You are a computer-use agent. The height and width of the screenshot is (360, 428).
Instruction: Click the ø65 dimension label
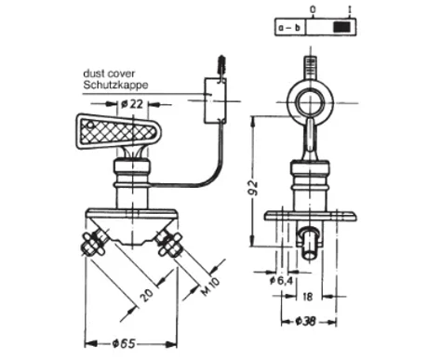pyautogui.click(x=124, y=344)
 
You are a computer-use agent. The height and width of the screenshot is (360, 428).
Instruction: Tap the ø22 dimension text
pyautogui.click(x=132, y=104)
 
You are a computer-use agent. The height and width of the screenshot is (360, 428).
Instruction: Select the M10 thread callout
pyautogui.click(x=210, y=287)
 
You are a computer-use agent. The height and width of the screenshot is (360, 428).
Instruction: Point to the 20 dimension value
pyautogui.click(x=146, y=295)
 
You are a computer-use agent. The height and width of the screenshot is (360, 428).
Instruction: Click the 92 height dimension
pyautogui.click(x=253, y=188)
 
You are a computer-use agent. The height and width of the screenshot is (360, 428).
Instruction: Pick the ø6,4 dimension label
pyautogui.click(x=281, y=281)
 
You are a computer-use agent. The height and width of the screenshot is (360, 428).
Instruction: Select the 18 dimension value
pyautogui.click(x=307, y=297)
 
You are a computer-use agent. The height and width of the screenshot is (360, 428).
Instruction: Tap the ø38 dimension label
pyautogui.click(x=306, y=322)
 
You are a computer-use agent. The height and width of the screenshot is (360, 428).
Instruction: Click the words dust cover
pyautogui.click(x=109, y=73)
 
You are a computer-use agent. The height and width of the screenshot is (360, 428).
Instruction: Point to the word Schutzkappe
pyautogui.click(x=115, y=85)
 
